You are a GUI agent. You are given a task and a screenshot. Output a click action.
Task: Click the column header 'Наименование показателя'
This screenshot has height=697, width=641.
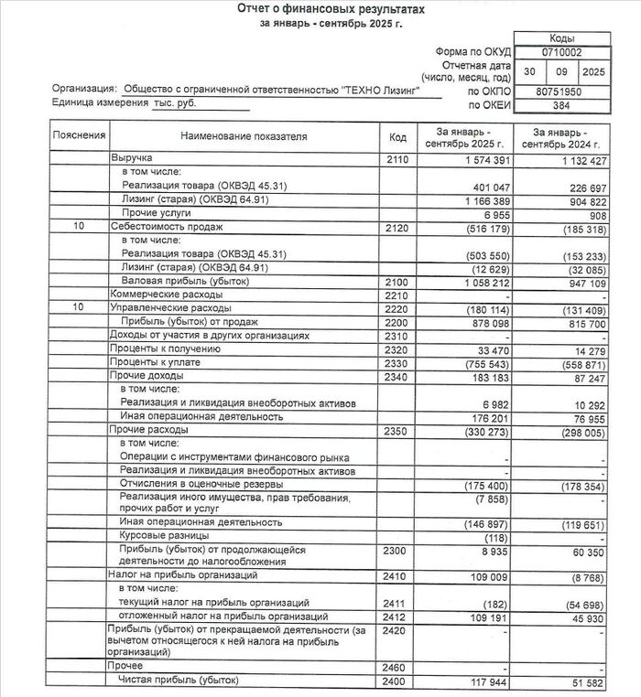click(x=243, y=137)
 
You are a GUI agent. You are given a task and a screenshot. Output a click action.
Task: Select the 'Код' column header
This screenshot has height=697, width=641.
click(x=397, y=137)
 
